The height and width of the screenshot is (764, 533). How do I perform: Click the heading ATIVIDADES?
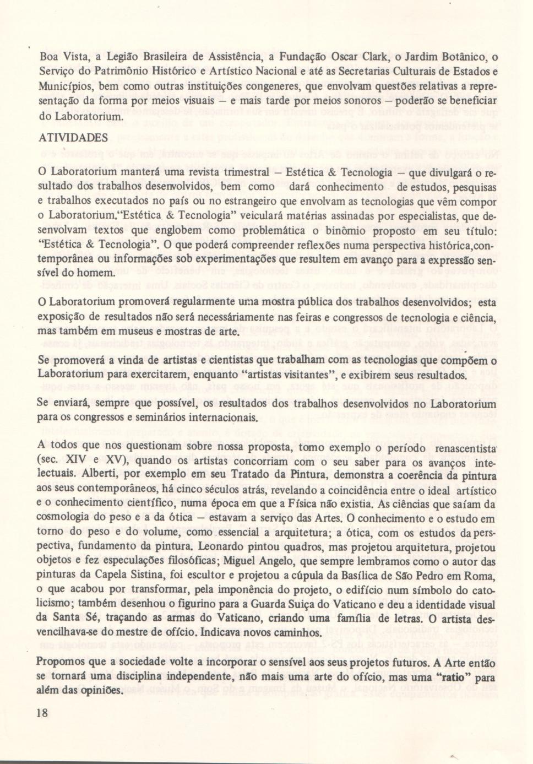pos(73,137)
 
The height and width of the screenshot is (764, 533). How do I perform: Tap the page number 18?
pos(42,713)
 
